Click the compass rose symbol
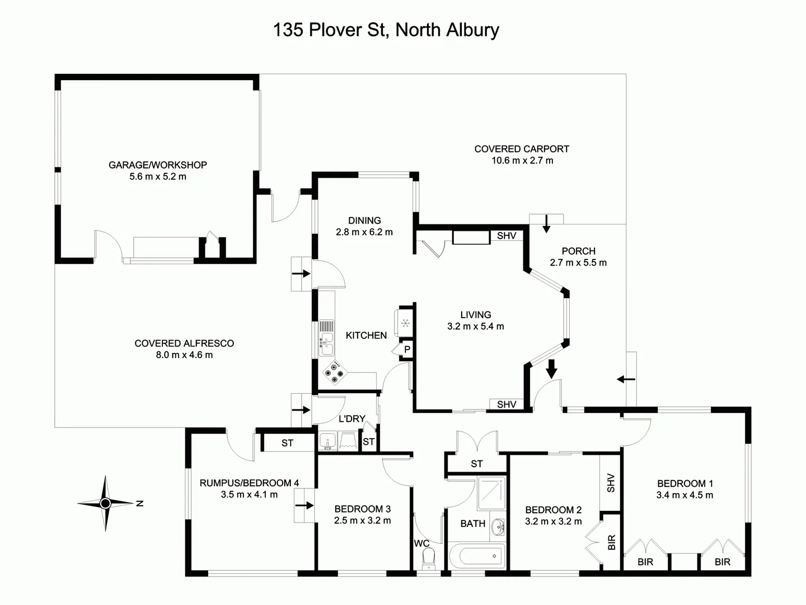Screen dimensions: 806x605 (105, 503)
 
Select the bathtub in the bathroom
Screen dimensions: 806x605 (477, 556)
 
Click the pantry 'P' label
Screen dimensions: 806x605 (407, 350)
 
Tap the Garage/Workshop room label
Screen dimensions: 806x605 (158, 165)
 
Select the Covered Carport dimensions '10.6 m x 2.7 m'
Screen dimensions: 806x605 (522, 161)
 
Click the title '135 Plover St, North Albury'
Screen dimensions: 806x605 (386, 30)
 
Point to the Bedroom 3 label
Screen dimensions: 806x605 (363, 509)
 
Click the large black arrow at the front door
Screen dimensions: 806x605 (551, 369)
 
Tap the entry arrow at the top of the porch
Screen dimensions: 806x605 (546, 224)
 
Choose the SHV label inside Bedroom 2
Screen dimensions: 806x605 (611, 483)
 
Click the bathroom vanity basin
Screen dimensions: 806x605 (498, 528)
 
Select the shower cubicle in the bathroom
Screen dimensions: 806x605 (491, 493)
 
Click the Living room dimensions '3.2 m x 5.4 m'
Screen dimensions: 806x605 (476, 326)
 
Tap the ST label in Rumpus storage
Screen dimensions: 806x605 (287, 443)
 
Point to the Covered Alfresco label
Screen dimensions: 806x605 (184, 343)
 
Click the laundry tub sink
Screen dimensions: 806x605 (327, 441)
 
